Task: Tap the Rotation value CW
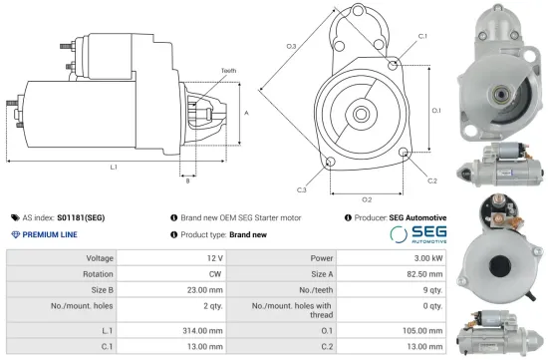204,273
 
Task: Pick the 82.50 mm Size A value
422,273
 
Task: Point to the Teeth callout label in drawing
229,70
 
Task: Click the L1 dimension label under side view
114,167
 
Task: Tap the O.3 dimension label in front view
290,47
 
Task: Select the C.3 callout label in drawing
302,188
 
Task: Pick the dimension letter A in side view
245,113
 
